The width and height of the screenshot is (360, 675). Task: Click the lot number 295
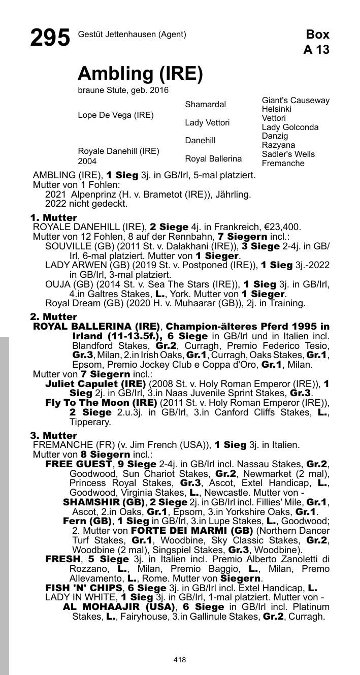pyautogui.click(x=50, y=38)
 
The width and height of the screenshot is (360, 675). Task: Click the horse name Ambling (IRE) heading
pyautogui.click(x=140, y=74)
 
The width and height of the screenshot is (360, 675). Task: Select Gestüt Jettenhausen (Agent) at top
pyautogui.click(x=132, y=35)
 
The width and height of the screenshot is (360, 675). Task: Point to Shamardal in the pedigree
pyautogui.click(x=205, y=105)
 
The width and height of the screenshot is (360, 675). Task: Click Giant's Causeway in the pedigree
pyautogui.click(x=296, y=101)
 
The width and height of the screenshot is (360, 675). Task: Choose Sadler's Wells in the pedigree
pyautogui.click(x=288, y=154)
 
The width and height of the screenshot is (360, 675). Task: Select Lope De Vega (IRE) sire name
pyautogui.click(x=115, y=115)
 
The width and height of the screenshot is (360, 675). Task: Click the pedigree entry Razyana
pyautogui.click(x=278, y=145)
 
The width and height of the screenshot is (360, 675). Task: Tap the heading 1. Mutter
pyautogui.click(x=53, y=218)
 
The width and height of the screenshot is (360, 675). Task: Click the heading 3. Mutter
pyautogui.click(x=53, y=436)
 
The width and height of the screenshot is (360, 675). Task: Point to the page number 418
pyautogui.click(x=179, y=660)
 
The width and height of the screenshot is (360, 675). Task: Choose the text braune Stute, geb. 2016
pyautogui.click(x=123, y=90)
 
